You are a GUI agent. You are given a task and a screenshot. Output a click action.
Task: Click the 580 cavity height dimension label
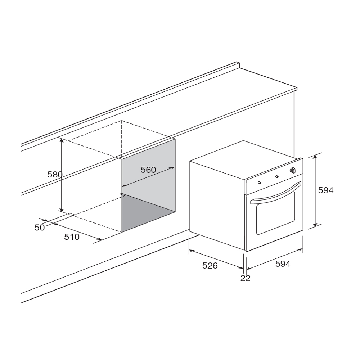55,175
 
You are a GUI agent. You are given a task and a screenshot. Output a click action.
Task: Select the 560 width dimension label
148,170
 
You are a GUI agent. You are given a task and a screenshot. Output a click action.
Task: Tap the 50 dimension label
40,228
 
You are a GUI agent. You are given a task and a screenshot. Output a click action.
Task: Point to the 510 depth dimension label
72,237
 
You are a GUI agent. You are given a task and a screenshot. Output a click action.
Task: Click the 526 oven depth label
210,265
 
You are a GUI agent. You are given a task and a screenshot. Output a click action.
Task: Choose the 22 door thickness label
245,278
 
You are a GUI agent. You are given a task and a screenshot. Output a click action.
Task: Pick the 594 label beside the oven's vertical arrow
325,190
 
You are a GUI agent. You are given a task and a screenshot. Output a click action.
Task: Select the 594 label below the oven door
283,264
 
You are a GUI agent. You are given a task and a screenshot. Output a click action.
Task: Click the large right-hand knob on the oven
292,170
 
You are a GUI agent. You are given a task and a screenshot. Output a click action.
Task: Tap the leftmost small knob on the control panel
260,183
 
